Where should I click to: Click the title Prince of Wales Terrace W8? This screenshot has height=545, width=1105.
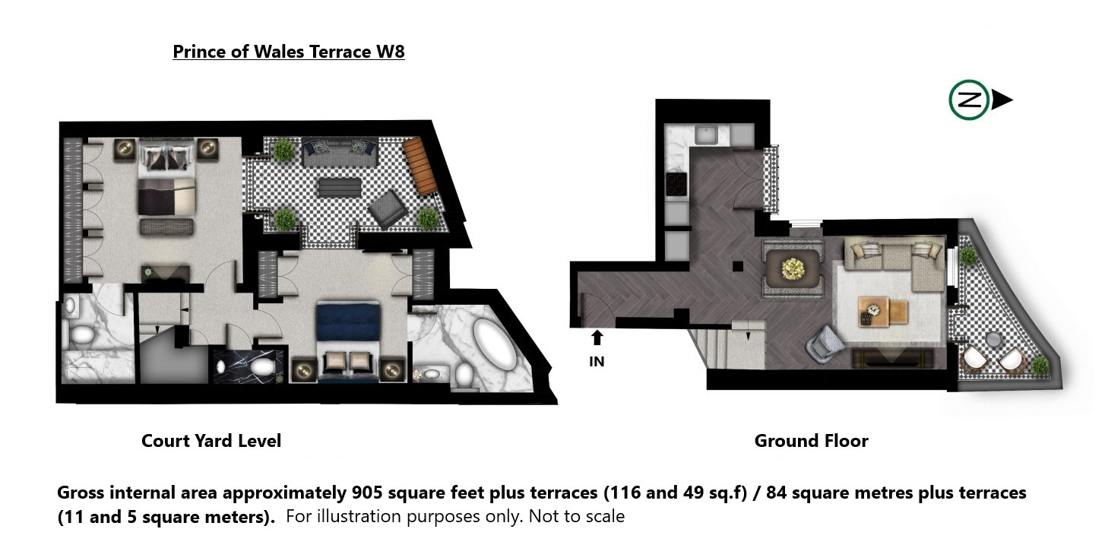[289, 52]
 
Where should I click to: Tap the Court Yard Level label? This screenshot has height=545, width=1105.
[211, 440]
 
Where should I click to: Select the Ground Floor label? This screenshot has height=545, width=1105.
[811, 440]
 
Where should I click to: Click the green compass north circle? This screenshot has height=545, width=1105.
[969, 100]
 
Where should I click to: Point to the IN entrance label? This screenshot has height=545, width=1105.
[597, 362]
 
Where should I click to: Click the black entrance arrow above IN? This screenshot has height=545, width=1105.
[597, 337]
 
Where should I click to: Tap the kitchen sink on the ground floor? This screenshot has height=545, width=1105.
[706, 135]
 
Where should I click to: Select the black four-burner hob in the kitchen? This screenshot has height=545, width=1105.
[676, 184]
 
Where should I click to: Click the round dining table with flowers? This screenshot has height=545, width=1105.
[793, 269]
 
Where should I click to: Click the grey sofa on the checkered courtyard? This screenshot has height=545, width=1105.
[340, 153]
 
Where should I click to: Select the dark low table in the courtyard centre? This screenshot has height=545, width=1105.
[340, 188]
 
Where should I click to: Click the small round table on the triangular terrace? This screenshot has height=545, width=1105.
[993, 339]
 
